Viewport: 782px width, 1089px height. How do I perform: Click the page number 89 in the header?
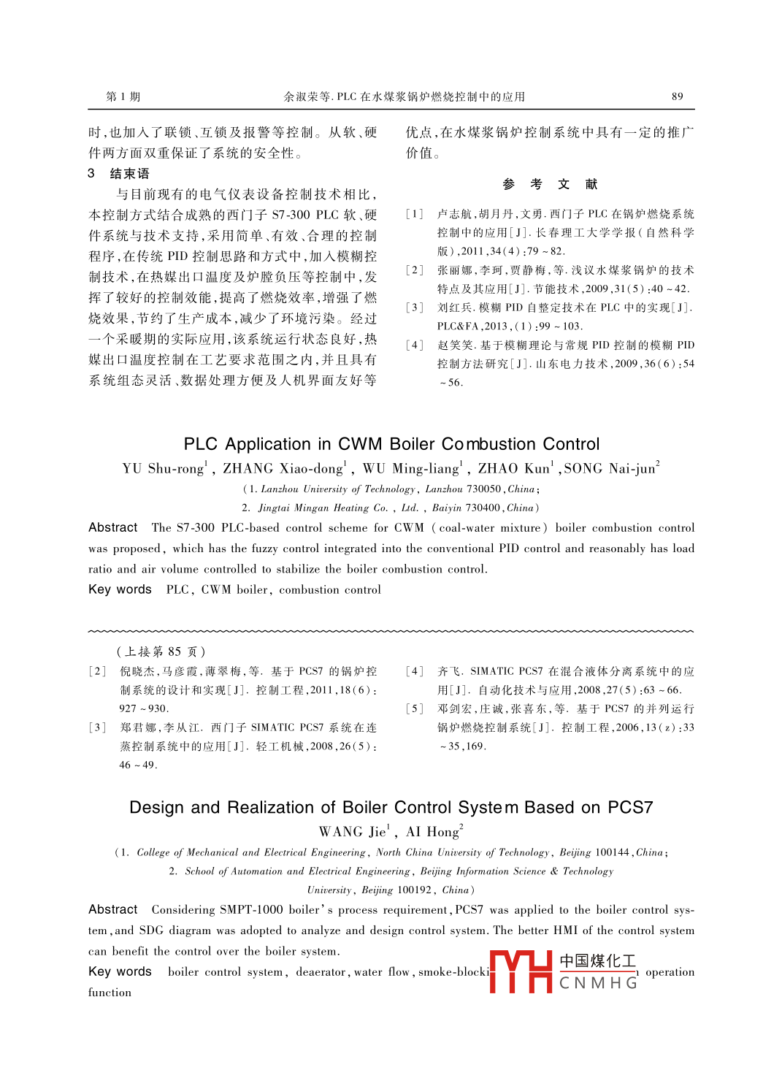tap(677, 96)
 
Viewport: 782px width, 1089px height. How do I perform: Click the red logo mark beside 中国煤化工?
tap(520, 971)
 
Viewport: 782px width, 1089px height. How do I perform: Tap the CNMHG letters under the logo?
tap(598, 983)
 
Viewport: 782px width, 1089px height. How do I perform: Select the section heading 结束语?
tap(129, 174)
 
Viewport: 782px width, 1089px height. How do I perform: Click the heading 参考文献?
tap(550, 185)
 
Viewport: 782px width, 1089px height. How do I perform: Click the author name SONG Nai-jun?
tap(611, 469)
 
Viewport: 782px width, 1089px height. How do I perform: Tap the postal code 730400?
tap(483, 508)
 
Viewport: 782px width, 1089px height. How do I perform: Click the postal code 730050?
tap(483, 489)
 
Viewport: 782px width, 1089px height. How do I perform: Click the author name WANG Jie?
tap(353, 832)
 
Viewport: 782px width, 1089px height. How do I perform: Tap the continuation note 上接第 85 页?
tap(161, 652)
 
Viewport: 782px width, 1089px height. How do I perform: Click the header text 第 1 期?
tap(123, 96)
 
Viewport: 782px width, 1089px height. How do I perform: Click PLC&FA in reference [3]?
tap(457, 326)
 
